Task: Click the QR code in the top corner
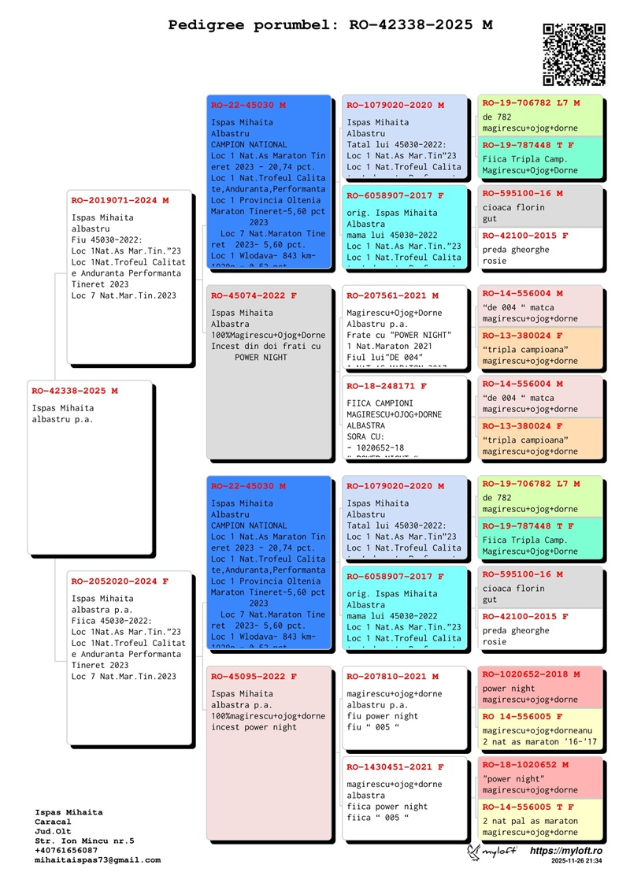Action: (574, 54)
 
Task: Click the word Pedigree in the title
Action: (207, 25)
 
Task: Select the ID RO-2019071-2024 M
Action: (120, 201)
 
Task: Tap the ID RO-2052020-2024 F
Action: (120, 581)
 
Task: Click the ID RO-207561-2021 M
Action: (392, 296)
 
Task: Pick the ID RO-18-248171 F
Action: (387, 387)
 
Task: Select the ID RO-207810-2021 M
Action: (392, 677)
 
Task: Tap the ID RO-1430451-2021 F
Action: (395, 767)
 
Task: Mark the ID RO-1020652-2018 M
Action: (531, 674)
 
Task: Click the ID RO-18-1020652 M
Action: (525, 765)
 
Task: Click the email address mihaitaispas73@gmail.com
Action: (98, 860)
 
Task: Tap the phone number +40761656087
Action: (66, 851)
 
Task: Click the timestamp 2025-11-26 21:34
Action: (576, 862)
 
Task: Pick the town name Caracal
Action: (53, 822)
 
